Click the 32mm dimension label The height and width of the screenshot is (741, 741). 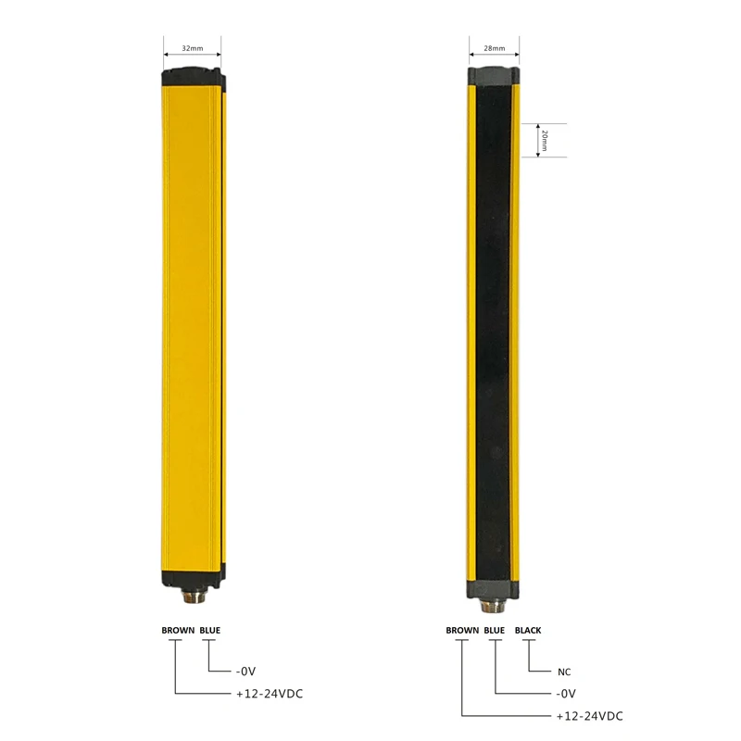(x=193, y=48)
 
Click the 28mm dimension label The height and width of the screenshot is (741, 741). (x=495, y=48)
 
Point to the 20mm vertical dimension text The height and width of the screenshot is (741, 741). (x=545, y=141)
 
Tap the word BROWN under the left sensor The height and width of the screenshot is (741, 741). (x=178, y=630)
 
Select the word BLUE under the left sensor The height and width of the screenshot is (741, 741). (x=210, y=630)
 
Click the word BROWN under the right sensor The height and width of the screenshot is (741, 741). (x=462, y=630)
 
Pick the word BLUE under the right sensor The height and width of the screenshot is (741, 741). (x=495, y=630)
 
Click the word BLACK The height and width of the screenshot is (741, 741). (x=528, y=630)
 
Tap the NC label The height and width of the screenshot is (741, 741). (x=564, y=672)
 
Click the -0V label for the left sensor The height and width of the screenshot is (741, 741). (x=245, y=671)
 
